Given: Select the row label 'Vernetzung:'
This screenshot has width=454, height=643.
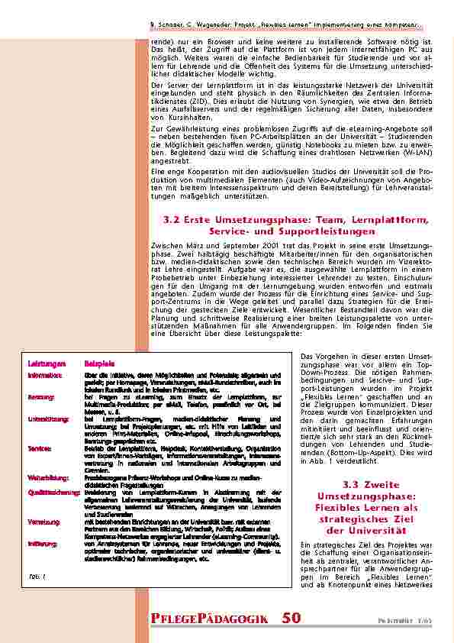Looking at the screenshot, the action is pyautogui.click(x=42, y=520).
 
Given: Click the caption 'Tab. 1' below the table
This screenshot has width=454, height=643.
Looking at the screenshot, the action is pyautogui.click(x=37, y=576).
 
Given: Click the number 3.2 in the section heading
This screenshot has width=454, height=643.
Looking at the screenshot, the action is pyautogui.click(x=172, y=220).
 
